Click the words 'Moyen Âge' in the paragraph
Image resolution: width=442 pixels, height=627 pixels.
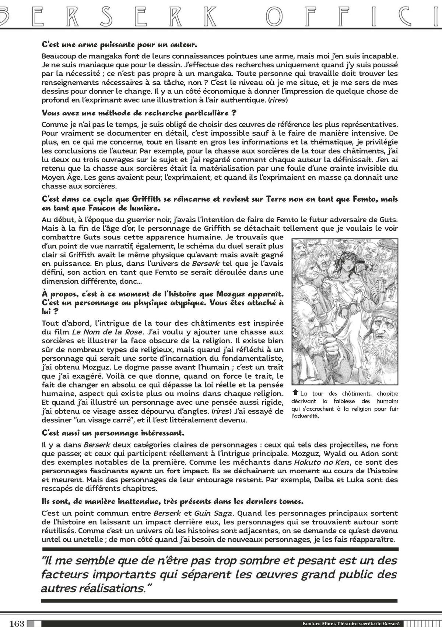[x=60, y=177]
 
